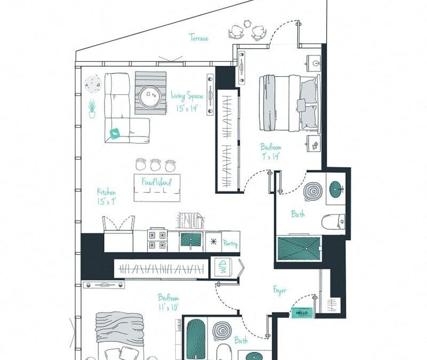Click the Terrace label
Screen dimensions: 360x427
point(198,37)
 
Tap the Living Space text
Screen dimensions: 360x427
point(186,96)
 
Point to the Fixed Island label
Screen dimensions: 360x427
point(156,182)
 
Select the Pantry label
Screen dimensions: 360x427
point(231,244)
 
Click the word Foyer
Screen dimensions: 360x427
point(280,291)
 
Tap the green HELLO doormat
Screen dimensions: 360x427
point(302,314)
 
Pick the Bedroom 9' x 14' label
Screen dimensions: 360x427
point(271,151)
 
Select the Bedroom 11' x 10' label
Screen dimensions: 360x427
point(168,302)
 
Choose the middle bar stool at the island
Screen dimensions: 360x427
point(155,165)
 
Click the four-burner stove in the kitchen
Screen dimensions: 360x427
point(158,240)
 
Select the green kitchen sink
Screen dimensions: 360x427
point(190,240)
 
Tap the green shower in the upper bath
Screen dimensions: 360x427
point(299,249)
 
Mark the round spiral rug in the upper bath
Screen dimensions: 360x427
point(312,191)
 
